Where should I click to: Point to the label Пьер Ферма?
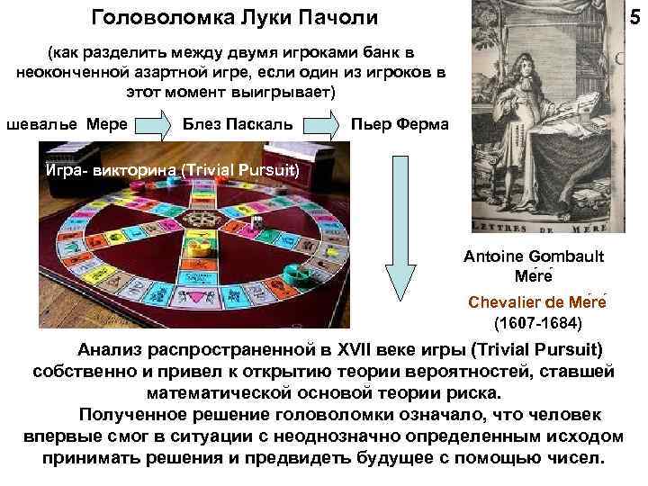(397, 122)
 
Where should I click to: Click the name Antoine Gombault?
(535, 256)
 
